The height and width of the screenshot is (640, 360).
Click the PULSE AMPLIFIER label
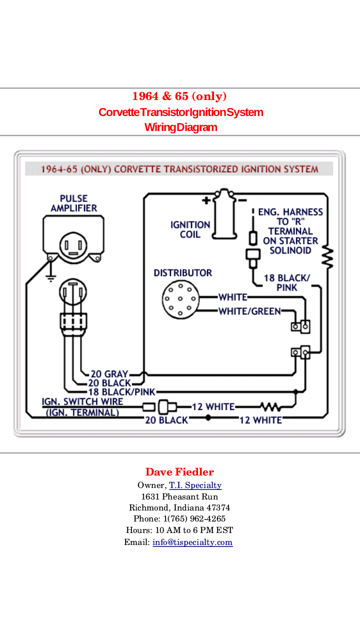click(x=73, y=203)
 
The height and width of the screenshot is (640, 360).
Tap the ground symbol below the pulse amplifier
click(x=50, y=276)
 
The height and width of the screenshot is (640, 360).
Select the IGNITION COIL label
click(x=190, y=229)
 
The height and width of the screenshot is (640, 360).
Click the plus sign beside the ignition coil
click(x=206, y=200)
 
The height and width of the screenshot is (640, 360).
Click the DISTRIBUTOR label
click(x=182, y=273)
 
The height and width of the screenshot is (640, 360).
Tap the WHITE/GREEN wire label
click(x=249, y=311)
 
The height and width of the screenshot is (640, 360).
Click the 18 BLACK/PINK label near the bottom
click(x=121, y=391)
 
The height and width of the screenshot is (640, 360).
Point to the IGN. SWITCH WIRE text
click(x=82, y=401)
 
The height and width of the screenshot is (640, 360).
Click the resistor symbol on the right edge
click(x=328, y=256)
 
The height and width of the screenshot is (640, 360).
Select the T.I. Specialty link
click(x=195, y=485)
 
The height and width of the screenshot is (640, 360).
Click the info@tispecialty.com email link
click(x=192, y=542)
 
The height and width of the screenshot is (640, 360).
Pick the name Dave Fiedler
click(x=179, y=472)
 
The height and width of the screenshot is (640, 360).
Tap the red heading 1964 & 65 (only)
click(x=179, y=96)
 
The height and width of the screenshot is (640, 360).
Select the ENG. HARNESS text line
click(x=290, y=212)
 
